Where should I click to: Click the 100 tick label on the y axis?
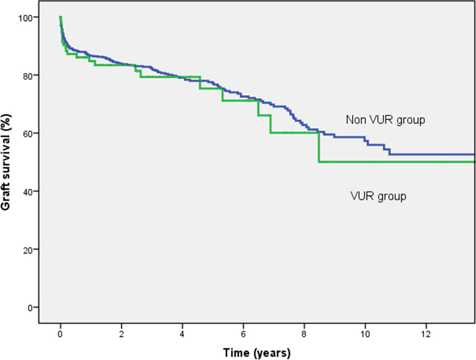pyautogui.click(x=25, y=17)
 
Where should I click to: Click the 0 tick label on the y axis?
pyautogui.click(x=29, y=308)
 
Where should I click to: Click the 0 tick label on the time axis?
pyautogui.click(x=61, y=334)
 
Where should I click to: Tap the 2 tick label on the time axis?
pyautogui.click(x=122, y=334)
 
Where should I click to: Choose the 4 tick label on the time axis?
pyautogui.click(x=182, y=334)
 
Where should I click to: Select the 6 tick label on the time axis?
pyautogui.click(x=243, y=334)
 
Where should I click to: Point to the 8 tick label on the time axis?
pyautogui.click(x=304, y=334)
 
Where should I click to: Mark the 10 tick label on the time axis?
pyautogui.click(x=365, y=334)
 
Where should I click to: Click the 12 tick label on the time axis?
pyautogui.click(x=426, y=334)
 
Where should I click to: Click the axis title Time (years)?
pyautogui.click(x=257, y=353)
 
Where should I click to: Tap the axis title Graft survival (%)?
pyautogui.click(x=5, y=162)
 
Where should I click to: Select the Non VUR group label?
pyautogui.click(x=385, y=120)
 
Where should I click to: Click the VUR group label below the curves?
pyautogui.click(x=378, y=196)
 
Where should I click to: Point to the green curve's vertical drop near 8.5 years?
pyautogui.click(x=319, y=147)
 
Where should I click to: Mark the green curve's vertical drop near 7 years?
pyautogui.click(x=270, y=124)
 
